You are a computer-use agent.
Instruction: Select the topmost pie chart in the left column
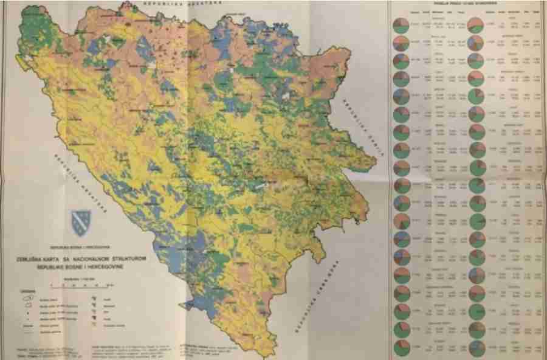401,26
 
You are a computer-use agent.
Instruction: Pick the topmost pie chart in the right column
476,26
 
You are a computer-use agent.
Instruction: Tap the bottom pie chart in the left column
401,347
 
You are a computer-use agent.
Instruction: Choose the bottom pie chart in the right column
476,347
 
